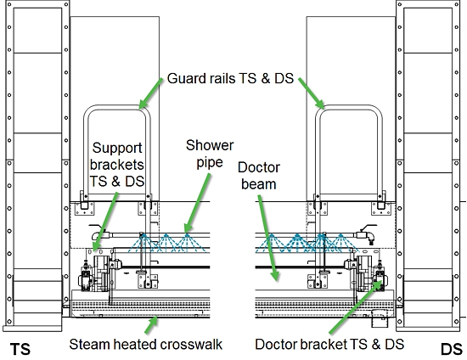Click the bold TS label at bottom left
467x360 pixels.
click(20, 349)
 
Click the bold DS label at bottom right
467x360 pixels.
click(452, 349)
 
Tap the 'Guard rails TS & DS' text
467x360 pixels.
click(230, 78)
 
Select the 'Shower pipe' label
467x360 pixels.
click(210, 154)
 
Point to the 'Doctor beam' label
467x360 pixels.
click(259, 176)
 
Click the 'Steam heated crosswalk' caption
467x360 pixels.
click(146, 345)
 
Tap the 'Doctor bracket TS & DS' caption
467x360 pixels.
click(329, 345)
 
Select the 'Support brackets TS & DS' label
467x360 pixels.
click(117, 165)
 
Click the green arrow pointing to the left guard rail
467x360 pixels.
click(151, 93)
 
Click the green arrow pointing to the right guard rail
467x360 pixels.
click(312, 93)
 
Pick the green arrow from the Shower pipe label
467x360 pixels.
click(197, 203)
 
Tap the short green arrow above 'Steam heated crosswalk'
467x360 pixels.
click(151, 324)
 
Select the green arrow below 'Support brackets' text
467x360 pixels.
click(104, 222)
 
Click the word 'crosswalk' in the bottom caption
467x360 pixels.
click(191, 345)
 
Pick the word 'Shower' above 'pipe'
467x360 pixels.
click(210, 145)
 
